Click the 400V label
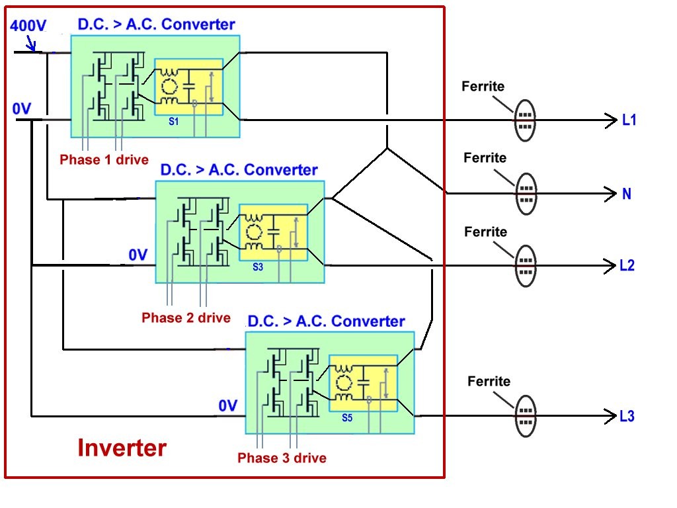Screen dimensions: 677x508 click(x=28, y=26)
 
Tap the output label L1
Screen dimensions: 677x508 click(x=629, y=120)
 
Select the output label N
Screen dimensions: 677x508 click(x=627, y=194)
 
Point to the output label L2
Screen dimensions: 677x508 click(x=627, y=265)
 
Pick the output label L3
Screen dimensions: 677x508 click(x=627, y=416)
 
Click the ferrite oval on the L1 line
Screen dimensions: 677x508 click(x=525, y=120)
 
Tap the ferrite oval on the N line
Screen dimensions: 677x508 click(x=526, y=194)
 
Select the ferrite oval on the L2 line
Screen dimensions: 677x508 click(x=526, y=266)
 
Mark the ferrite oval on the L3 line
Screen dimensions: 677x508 click(x=526, y=416)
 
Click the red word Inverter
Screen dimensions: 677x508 click(x=122, y=448)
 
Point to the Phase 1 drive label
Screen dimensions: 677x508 click(x=104, y=160)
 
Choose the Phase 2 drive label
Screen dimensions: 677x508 click(x=186, y=318)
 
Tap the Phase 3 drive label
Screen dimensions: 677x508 click(x=282, y=458)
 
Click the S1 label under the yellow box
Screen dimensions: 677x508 click(x=174, y=122)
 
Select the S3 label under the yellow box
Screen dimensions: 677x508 click(x=258, y=267)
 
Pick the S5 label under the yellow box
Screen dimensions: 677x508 click(x=347, y=418)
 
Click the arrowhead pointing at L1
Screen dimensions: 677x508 click(x=612, y=120)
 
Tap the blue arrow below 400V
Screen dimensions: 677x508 click(x=31, y=43)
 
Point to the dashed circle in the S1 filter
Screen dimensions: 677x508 click(x=169, y=87)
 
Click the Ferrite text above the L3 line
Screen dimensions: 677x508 click(x=489, y=382)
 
